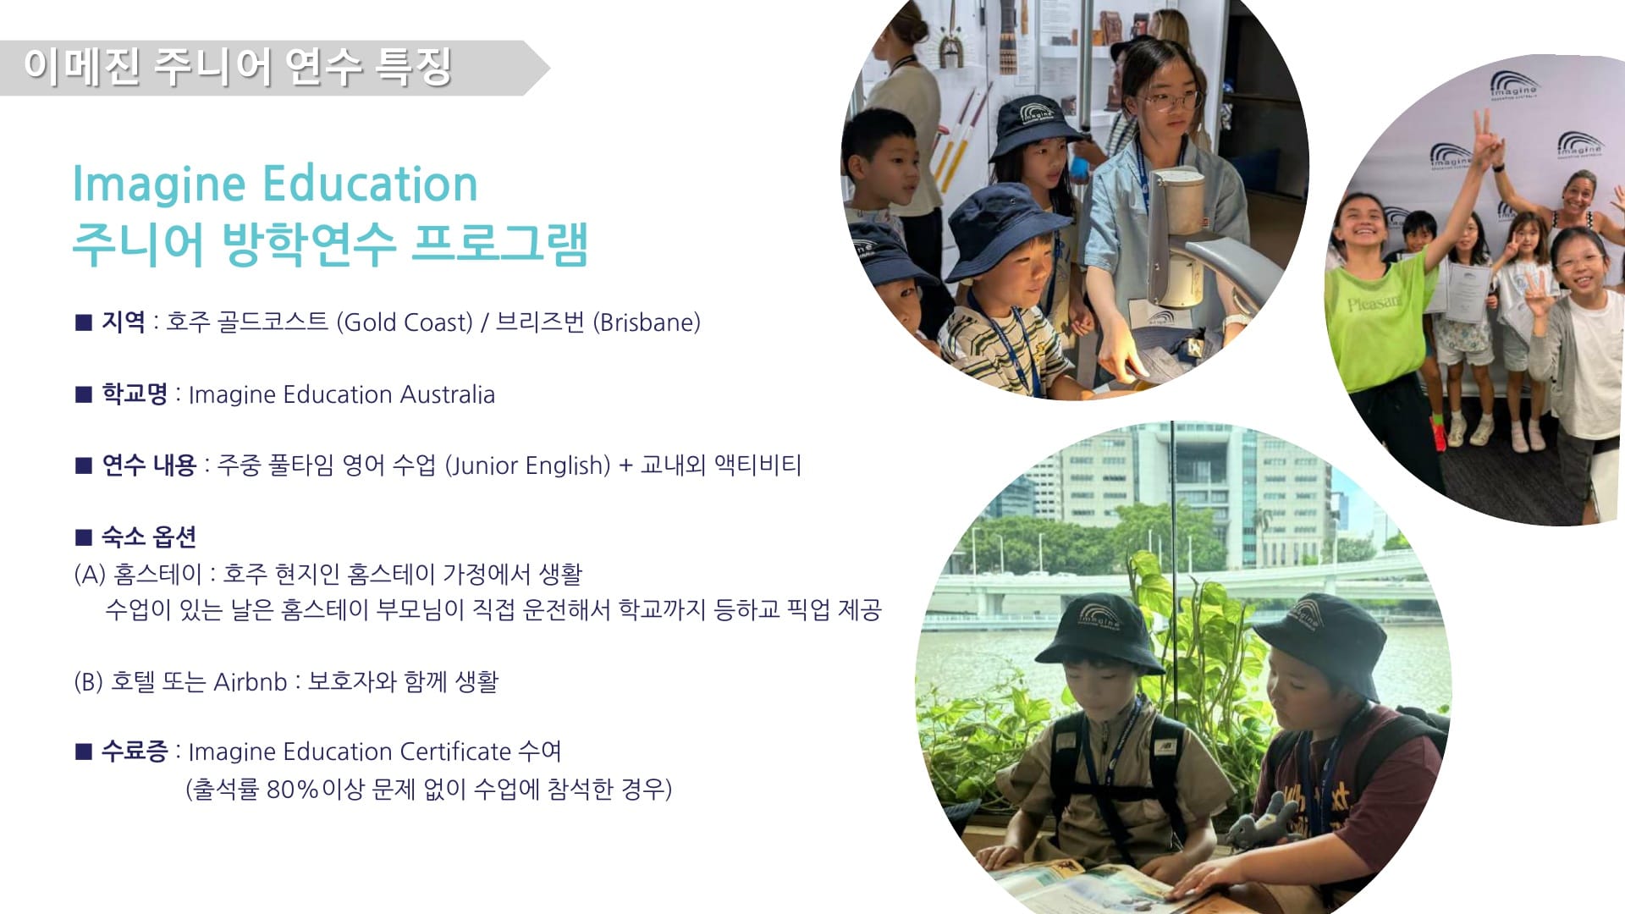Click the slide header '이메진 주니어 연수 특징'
pyautogui.click(x=238, y=67)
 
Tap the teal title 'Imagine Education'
pyautogui.click(x=275, y=184)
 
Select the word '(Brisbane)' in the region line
pyautogui.click(x=647, y=322)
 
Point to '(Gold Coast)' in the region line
pyautogui.click(x=405, y=322)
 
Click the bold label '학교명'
pyautogui.click(x=135, y=394)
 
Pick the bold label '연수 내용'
pyautogui.click(x=149, y=465)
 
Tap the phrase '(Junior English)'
pyautogui.click(x=527, y=465)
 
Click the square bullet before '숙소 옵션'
pyautogui.click(x=83, y=537)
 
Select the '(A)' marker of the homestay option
pyautogui.click(x=90, y=574)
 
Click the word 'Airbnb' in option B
pyautogui.click(x=251, y=681)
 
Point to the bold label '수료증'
pyautogui.click(x=135, y=751)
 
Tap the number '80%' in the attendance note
pyautogui.click(x=293, y=789)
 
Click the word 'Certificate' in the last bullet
pyautogui.click(x=455, y=751)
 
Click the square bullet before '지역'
pyautogui.click(x=83, y=322)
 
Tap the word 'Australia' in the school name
pyautogui.click(x=448, y=394)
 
